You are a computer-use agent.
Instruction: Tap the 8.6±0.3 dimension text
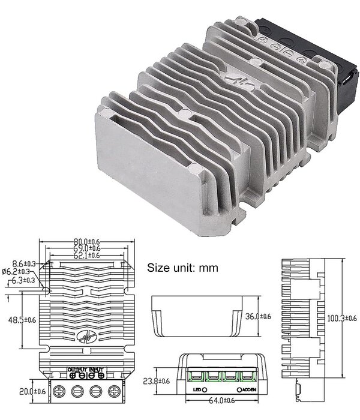pos(23,263)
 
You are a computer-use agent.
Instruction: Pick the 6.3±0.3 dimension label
pos(23,280)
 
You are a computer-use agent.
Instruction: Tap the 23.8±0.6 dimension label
pos(155,380)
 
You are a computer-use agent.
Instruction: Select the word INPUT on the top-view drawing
pos(97,368)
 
